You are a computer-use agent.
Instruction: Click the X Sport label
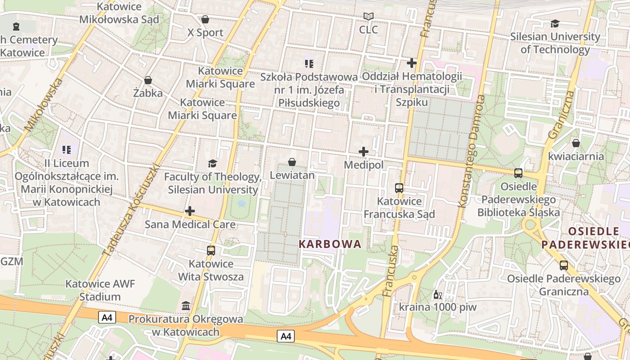205,32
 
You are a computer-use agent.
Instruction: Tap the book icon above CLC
369,17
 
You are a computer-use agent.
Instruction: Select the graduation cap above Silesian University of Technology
555,23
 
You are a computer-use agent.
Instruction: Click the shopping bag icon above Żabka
148,81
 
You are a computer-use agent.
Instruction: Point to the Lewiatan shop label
292,175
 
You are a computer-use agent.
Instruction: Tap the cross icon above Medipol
364,152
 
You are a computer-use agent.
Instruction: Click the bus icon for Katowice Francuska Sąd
399,188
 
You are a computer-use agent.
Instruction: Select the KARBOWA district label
330,244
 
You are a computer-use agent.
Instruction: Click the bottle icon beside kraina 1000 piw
436,295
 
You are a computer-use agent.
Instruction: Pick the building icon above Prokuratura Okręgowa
185,306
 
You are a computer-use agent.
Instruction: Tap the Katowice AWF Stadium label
100,290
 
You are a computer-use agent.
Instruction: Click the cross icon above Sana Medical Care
190,211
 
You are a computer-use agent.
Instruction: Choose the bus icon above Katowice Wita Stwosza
211,250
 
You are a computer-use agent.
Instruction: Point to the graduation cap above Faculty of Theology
212,163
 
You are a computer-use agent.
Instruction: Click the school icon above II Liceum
67,149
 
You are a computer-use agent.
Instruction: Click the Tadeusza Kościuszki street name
132,209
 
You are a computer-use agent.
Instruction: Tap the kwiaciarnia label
576,156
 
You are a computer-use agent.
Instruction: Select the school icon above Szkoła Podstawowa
309,63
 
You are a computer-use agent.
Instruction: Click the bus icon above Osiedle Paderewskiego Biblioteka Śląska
518,173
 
